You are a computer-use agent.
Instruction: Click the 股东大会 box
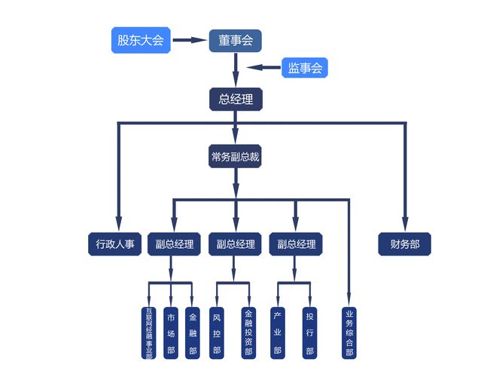141,40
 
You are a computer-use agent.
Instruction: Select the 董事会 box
236,40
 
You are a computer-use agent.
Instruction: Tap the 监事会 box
305,68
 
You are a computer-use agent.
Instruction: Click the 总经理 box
236,99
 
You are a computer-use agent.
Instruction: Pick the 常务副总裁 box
236,157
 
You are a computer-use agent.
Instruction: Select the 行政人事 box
115,244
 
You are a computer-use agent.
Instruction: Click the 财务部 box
405,244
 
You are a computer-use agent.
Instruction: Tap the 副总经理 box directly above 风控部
236,244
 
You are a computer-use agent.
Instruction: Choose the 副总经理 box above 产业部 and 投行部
297,244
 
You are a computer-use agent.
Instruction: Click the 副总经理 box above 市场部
175,244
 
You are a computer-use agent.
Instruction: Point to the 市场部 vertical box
171,332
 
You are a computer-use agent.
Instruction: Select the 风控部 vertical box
217,332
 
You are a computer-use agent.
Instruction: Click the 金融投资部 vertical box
249,332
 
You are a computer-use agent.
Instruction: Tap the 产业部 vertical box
278,332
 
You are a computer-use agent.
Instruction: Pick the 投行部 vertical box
310,332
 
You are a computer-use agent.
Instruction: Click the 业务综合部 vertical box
348,332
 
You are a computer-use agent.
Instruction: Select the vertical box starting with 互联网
148,332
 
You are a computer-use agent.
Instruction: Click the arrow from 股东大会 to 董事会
190,40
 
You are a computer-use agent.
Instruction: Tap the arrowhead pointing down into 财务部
405,223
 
